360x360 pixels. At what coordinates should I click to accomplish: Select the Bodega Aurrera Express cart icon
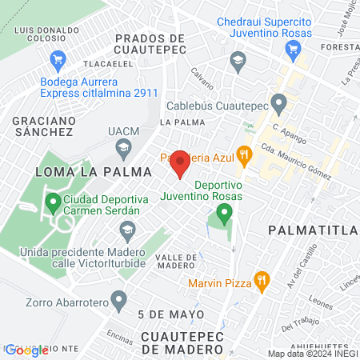click(57, 59)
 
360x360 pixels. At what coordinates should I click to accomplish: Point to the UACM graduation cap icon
click(123, 147)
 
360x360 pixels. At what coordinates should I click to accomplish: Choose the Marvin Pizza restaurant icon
click(261, 280)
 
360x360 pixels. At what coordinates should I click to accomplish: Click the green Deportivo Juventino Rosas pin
click(224, 213)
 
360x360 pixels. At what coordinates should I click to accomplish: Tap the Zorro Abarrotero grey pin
click(120, 301)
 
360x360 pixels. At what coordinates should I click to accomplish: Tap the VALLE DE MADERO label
click(175, 261)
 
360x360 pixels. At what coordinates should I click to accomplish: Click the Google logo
click(26, 350)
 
